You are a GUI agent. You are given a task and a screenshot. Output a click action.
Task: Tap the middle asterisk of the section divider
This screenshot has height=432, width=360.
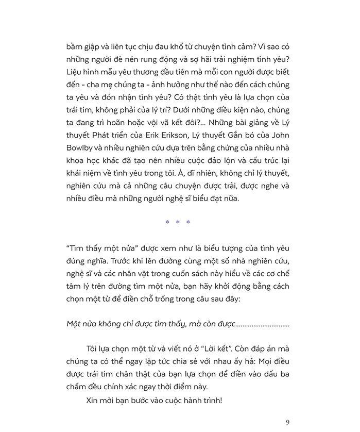pos(178,223)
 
